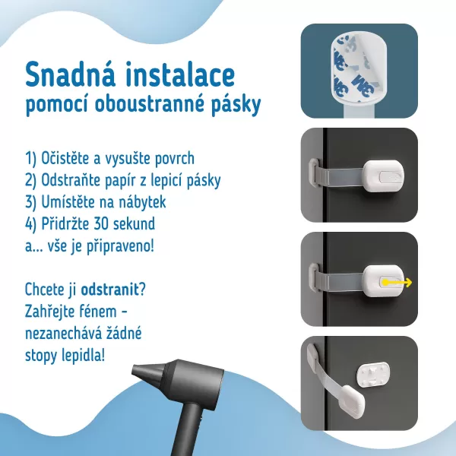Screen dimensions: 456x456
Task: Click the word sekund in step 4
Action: (x=149, y=225)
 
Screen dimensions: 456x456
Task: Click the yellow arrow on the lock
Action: (x=396, y=283)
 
